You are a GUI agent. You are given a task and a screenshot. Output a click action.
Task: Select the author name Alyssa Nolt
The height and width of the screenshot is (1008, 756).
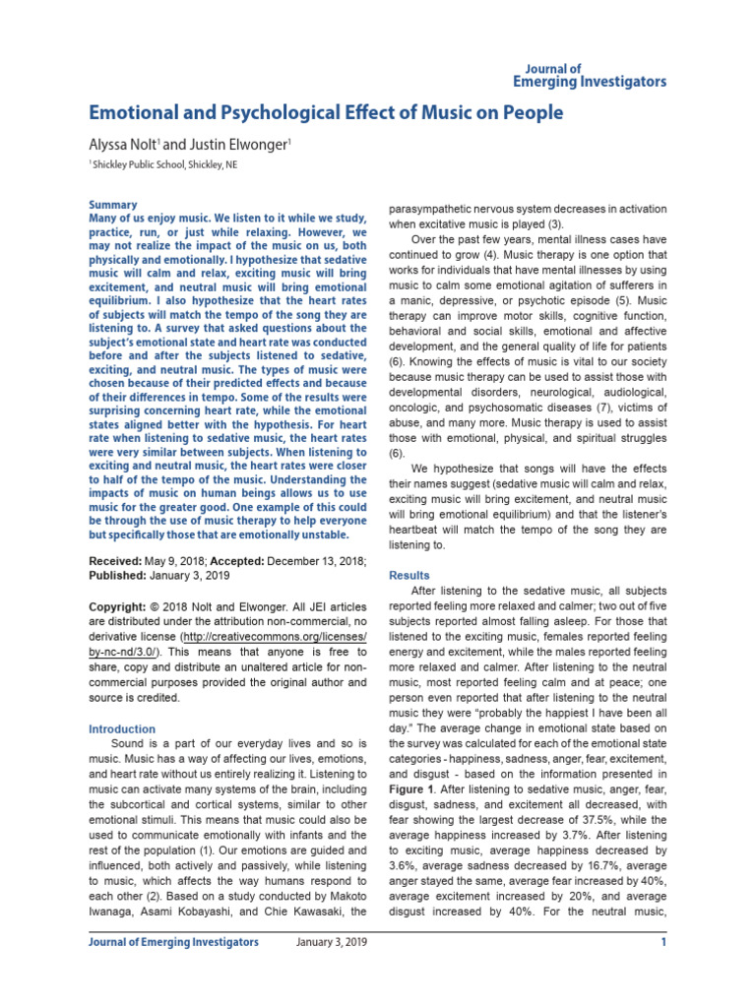tap(122, 144)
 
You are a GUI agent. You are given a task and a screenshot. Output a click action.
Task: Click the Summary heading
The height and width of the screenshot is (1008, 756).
tap(113, 205)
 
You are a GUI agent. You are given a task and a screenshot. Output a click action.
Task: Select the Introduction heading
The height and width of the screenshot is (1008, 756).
tap(122, 729)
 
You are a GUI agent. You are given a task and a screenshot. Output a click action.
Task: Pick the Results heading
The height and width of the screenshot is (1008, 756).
tap(409, 574)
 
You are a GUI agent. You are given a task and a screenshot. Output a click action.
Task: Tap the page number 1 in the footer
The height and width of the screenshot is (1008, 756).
tap(663, 942)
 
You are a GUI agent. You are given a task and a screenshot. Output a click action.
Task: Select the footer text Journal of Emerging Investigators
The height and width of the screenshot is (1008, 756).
tap(174, 942)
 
